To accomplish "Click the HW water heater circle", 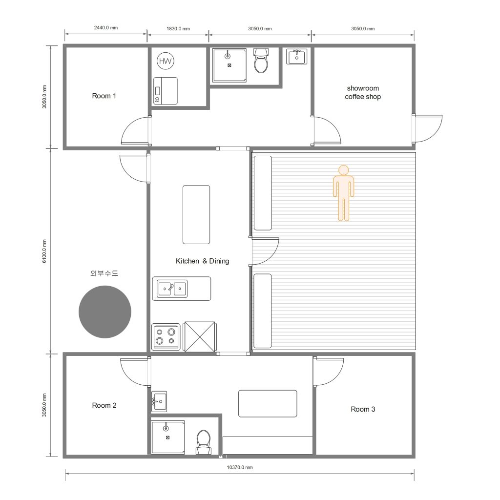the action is click(166, 61).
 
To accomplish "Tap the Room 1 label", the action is click(104, 96).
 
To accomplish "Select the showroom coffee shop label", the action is click(363, 92).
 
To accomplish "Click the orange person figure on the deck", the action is click(343, 193).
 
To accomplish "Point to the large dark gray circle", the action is click(105, 312).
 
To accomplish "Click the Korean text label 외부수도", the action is click(104, 273).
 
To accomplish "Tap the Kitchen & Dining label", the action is click(203, 261).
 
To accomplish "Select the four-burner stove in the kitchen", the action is click(166, 337).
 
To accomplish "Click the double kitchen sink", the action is click(172, 289).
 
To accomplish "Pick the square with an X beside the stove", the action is click(200, 337).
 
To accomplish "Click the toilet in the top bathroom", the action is click(261, 60).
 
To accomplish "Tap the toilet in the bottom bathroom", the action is click(204, 442).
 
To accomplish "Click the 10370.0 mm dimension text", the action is click(240, 467).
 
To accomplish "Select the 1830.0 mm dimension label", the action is click(178, 29).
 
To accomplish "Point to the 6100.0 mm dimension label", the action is click(44, 251).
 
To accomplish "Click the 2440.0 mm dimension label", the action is click(106, 28).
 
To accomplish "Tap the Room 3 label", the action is click(363, 409).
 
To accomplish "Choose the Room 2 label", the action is click(104, 405).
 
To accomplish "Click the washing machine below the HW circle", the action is click(166, 90).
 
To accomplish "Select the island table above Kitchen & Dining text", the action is click(196, 215).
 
